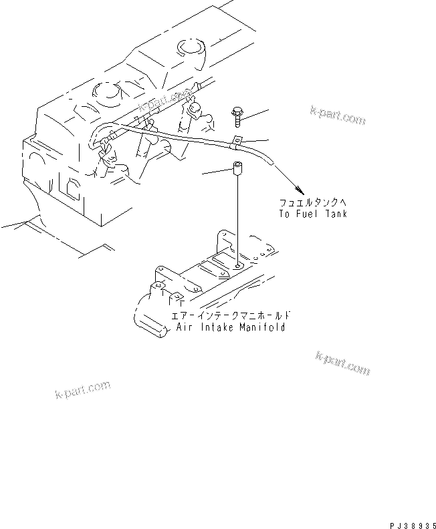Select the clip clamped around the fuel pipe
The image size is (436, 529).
coord(237,142)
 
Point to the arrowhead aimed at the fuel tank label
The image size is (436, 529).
coord(304,190)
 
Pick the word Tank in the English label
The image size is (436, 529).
coord(336,214)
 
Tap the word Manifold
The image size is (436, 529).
coord(262,327)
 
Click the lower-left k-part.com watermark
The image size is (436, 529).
coord(82,389)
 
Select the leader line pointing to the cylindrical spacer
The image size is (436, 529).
coord(217,173)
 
